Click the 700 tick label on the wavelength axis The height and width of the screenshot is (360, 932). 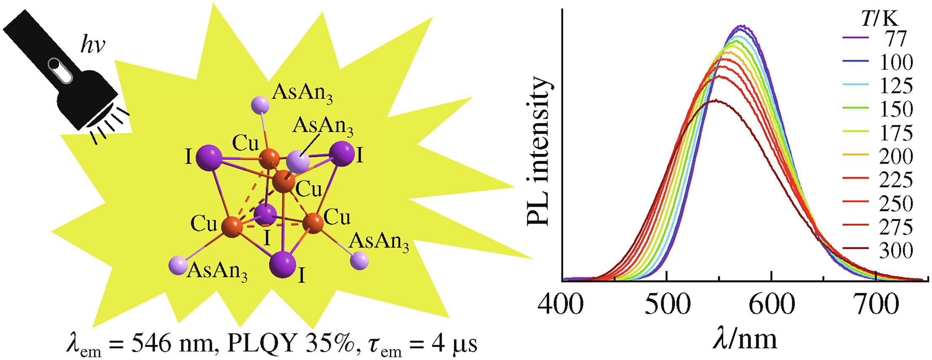(x=876, y=304)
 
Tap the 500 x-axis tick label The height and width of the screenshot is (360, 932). (x=666, y=304)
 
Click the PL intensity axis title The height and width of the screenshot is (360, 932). (x=539, y=152)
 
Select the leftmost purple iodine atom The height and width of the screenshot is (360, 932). (x=209, y=157)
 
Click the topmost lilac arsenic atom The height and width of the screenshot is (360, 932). (x=260, y=104)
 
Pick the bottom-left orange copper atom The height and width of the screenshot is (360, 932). (x=232, y=226)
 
